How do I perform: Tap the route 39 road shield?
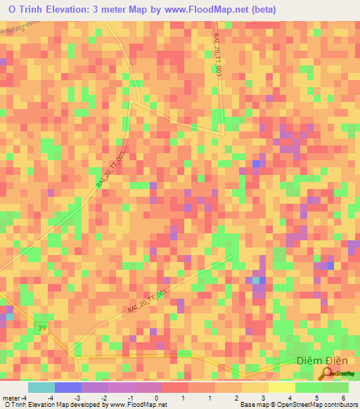42,328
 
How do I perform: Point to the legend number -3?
77,398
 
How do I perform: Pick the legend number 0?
156,398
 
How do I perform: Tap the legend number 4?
290,398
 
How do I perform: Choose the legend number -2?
103,398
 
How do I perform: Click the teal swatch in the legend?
41,387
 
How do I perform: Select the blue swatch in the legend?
67,387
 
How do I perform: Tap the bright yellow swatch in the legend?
281,387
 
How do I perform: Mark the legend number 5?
317,398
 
